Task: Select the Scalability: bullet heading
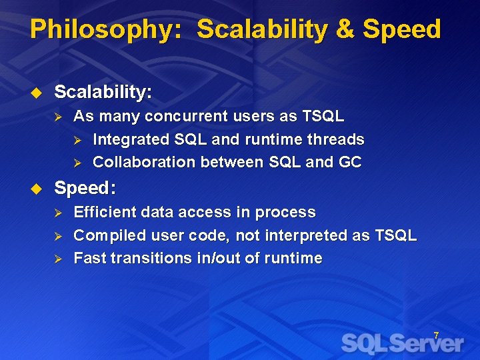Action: click(103, 92)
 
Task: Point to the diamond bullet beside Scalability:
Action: click(37, 93)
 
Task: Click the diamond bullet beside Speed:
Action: click(37, 189)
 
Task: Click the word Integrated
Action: click(129, 139)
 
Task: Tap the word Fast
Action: click(89, 258)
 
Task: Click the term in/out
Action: click(219, 258)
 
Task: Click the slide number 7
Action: click(436, 335)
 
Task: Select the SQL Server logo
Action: click(402, 343)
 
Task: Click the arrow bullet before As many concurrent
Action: click(58, 117)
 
